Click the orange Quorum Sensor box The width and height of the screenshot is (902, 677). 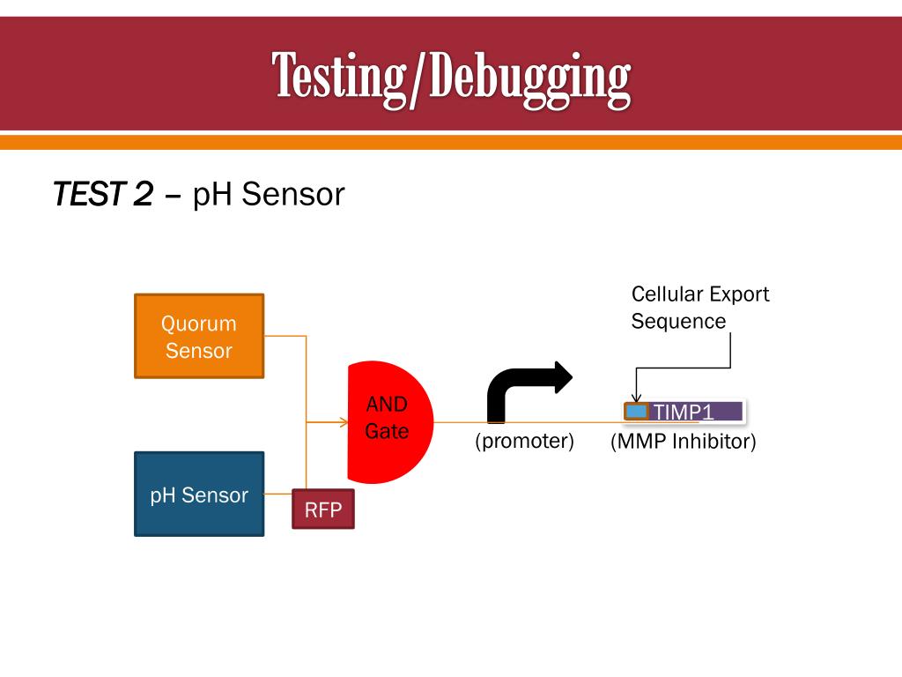pos(198,336)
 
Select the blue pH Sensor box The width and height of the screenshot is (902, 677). pos(198,494)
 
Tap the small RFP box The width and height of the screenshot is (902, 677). pos(322,509)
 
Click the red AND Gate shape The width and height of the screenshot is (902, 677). pos(388,421)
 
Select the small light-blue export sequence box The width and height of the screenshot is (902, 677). pos(636,411)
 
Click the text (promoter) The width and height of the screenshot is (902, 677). pos(524,441)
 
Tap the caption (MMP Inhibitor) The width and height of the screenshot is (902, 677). pos(684,441)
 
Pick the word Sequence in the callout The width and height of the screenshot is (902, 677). pos(678,321)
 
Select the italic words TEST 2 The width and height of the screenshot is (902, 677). pos(103,194)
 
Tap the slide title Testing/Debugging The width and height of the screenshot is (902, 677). pos(450,78)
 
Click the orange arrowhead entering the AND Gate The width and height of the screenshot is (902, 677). pos(344,422)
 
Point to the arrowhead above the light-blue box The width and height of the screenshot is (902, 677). pos(636,398)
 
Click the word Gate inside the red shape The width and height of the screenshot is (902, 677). pos(388,433)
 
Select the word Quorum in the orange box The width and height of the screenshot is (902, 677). pos(198,324)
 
